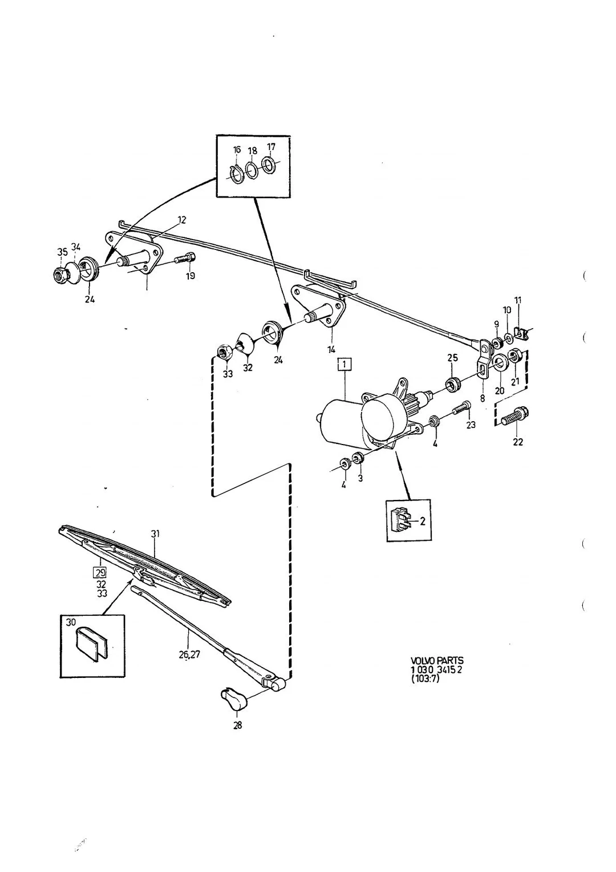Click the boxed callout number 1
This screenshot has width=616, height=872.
[x=345, y=365]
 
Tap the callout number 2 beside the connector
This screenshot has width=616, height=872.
[x=423, y=520]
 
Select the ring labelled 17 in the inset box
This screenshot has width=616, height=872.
[x=268, y=165]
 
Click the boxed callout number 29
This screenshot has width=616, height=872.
[x=100, y=572]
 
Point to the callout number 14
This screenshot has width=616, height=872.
[x=331, y=349]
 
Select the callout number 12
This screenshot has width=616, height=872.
[x=181, y=220]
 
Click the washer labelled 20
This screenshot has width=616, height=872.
[x=499, y=361]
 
